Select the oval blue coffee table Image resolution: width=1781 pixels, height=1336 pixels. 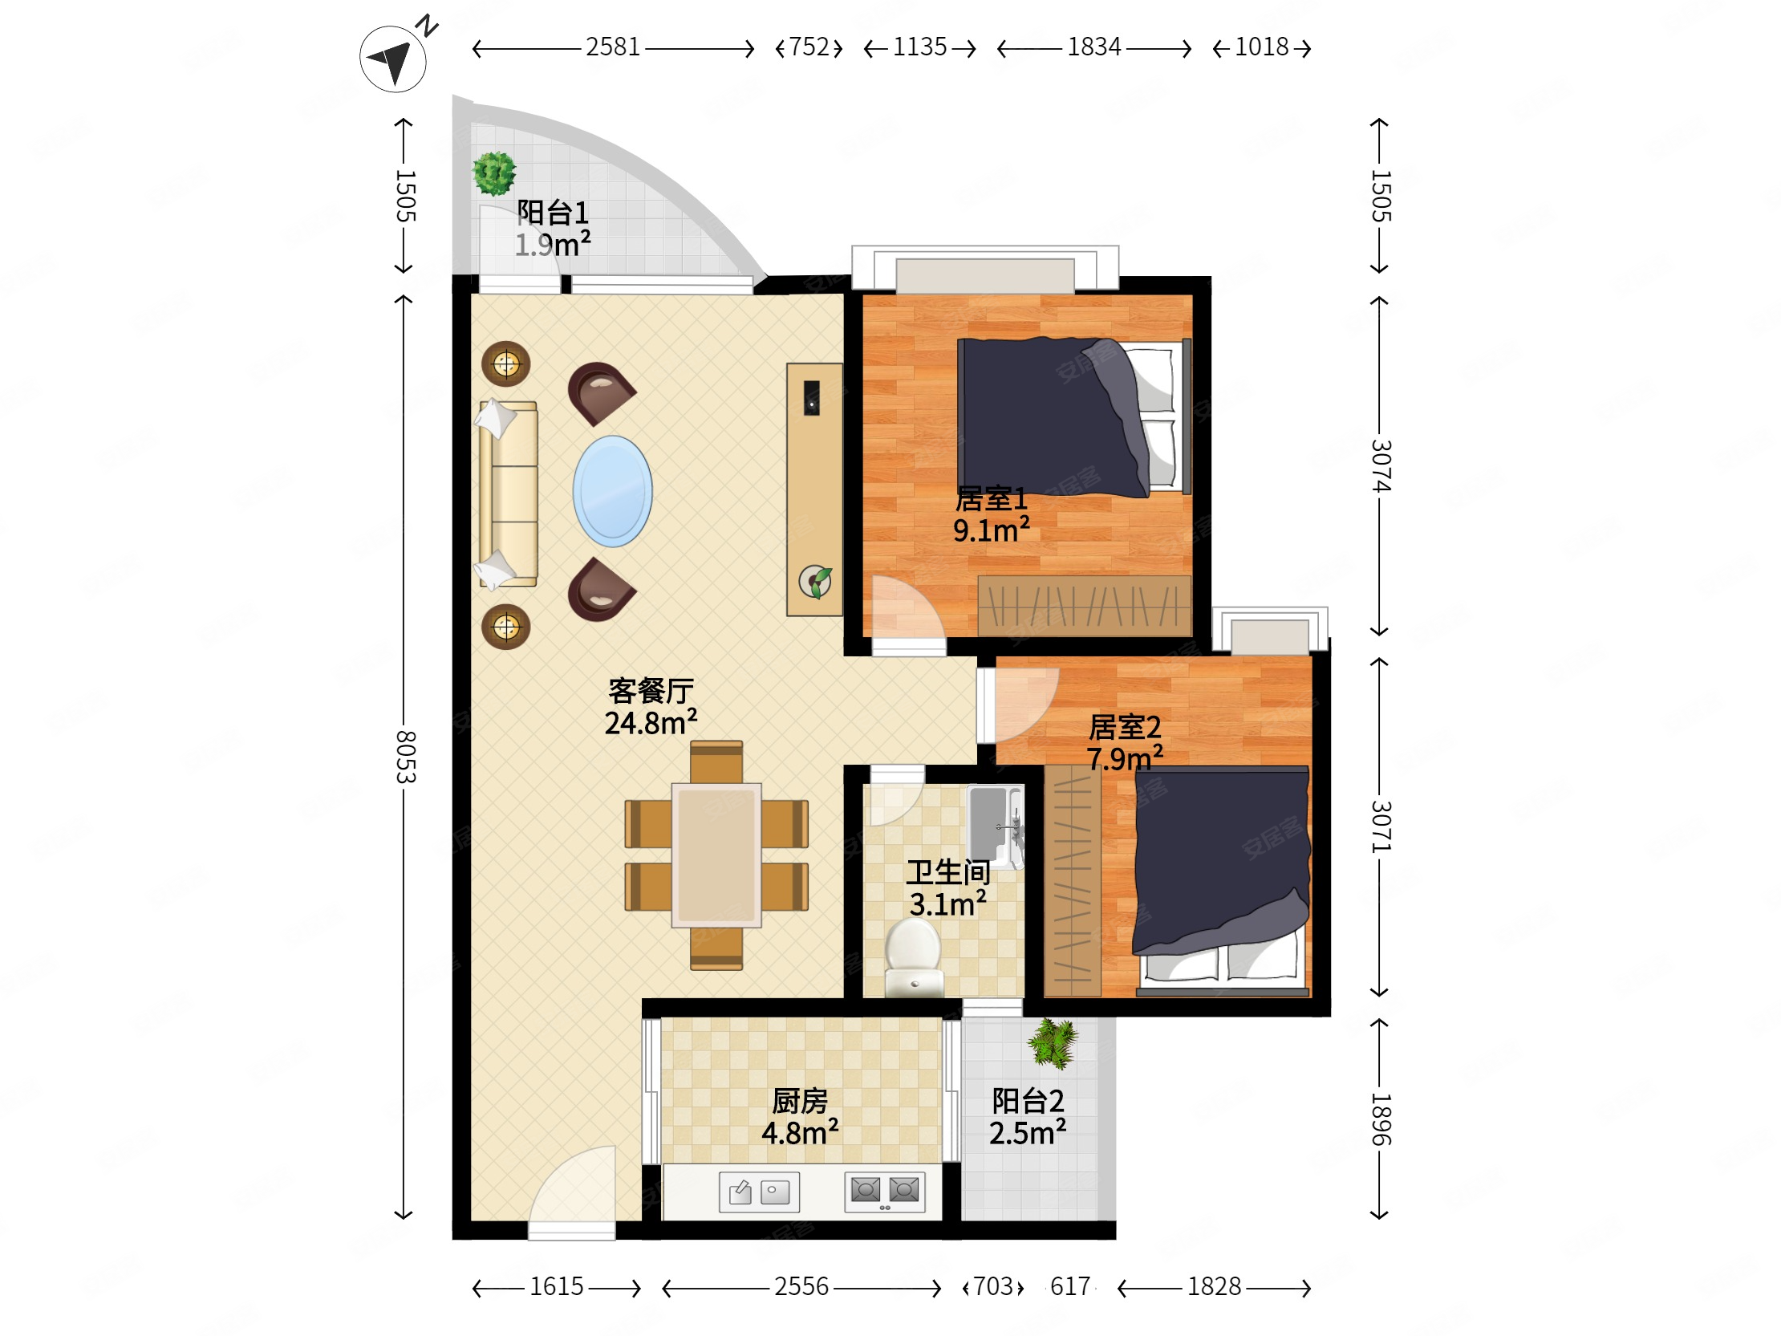[x=613, y=491]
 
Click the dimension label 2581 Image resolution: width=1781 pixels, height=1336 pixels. [x=613, y=47]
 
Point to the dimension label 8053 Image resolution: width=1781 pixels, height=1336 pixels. [x=405, y=757]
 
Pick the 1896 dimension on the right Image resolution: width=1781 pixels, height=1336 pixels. [x=1381, y=1119]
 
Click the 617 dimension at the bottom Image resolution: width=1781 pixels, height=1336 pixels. [x=1070, y=1286]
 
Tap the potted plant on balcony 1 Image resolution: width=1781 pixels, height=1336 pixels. [x=493, y=173]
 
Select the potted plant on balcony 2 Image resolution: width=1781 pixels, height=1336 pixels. [x=1053, y=1043]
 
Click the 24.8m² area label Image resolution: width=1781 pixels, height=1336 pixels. [x=651, y=722]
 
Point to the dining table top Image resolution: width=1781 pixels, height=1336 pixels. [x=716, y=855]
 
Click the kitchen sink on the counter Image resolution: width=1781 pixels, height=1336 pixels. [x=759, y=1191]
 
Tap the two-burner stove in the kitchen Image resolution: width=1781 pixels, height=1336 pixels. [x=885, y=1191]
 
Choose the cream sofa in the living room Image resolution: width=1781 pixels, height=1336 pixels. [x=508, y=493]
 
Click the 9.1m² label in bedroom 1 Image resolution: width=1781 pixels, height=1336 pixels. [x=991, y=530]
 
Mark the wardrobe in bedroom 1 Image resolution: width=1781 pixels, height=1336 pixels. [x=1084, y=605]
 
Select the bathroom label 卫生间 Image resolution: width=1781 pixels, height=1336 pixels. [x=947, y=872]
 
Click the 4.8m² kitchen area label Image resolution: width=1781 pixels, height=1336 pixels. [x=800, y=1132]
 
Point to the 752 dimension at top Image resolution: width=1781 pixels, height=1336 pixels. [x=809, y=47]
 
